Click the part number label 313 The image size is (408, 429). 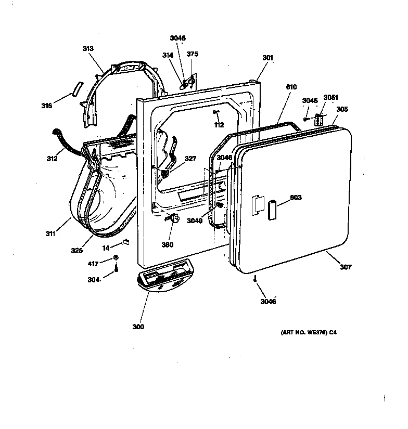coord(88,48)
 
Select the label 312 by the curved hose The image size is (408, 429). coord(52,159)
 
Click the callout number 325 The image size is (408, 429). coord(77,250)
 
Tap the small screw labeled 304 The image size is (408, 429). coord(117,268)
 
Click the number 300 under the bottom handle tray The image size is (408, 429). coord(138,327)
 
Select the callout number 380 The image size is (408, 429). coord(167,244)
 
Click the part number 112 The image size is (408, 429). coord(219,124)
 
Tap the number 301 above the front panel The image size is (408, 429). coord(267,58)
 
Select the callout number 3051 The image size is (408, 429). coord(330,97)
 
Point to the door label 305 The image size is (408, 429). coord(342,109)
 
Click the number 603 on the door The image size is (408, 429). coord(296,198)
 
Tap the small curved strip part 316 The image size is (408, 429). coord(78,88)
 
